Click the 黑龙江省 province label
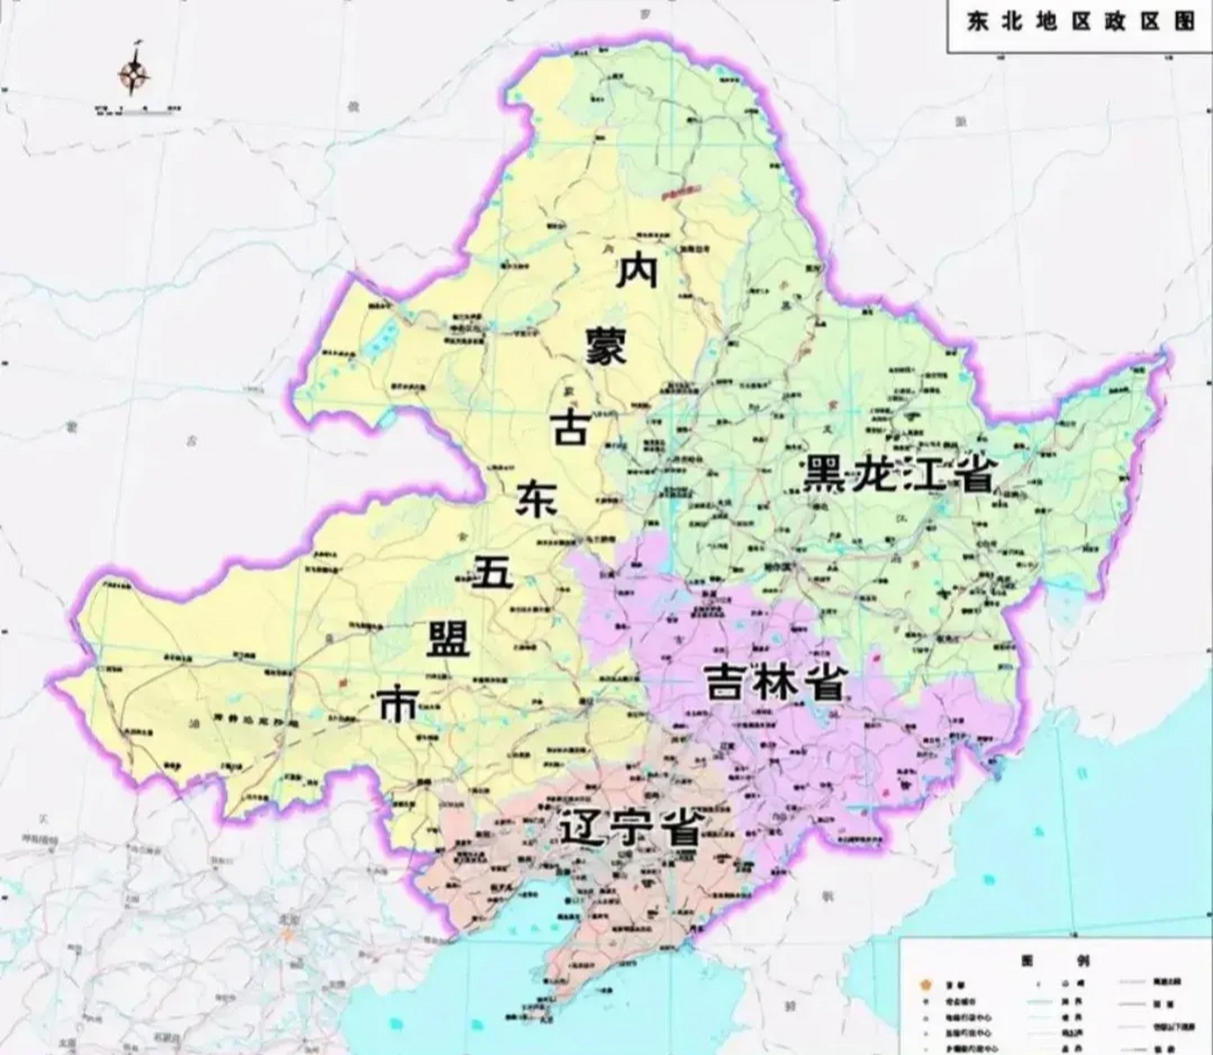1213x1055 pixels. tap(898, 475)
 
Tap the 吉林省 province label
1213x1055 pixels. tap(774, 682)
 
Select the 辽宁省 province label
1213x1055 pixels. tap(630, 828)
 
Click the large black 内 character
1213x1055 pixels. tap(637, 271)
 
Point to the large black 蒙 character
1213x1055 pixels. tap(606, 347)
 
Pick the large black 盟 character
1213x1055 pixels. tap(448, 638)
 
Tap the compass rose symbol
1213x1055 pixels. tap(134, 77)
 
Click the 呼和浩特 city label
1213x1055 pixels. tap(40, 840)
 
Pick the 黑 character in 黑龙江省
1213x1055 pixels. tap(825, 475)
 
